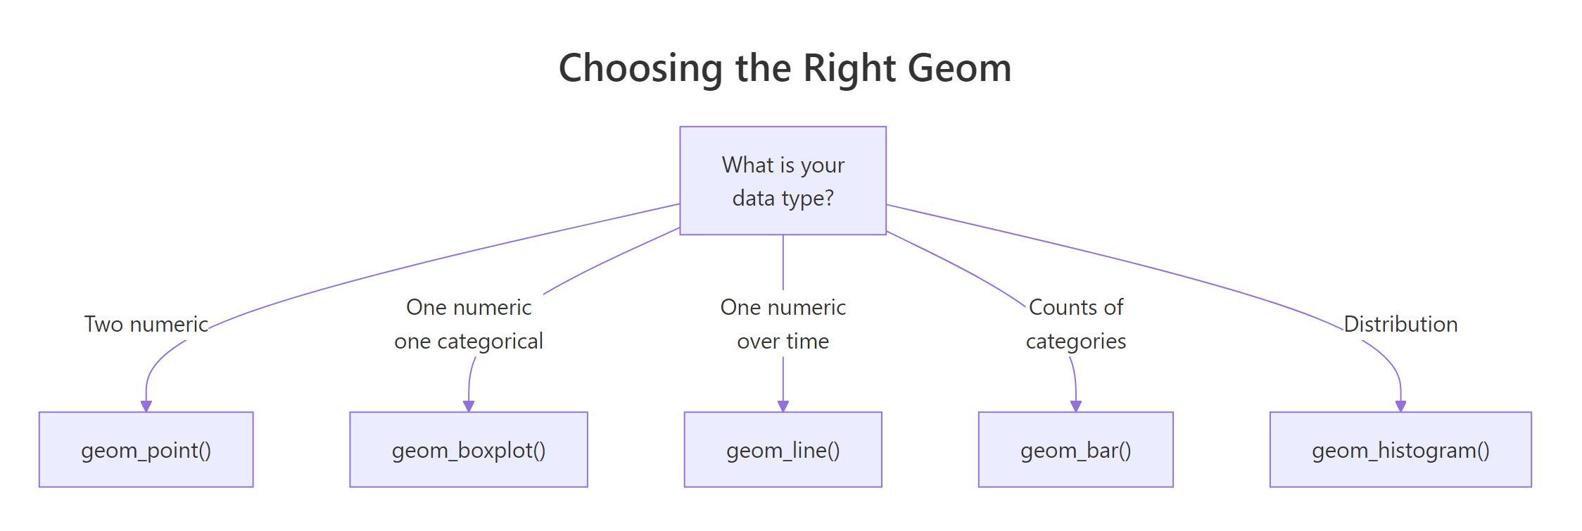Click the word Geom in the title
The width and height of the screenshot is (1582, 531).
(959, 68)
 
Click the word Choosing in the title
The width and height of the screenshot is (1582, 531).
(640, 68)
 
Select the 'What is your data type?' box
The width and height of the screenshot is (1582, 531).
(783, 181)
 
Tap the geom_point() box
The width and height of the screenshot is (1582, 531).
(146, 450)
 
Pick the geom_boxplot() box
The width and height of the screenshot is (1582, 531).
(469, 450)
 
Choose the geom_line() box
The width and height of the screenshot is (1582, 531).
(783, 450)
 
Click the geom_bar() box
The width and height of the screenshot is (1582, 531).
(1075, 450)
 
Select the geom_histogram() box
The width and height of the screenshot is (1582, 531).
(1400, 450)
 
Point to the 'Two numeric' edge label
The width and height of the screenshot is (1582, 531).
(146, 324)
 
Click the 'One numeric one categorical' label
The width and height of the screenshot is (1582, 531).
(469, 324)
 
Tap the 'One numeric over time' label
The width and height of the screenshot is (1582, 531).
(783, 324)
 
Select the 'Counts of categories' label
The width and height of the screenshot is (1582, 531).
(1075, 324)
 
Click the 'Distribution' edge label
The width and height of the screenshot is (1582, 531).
(1400, 324)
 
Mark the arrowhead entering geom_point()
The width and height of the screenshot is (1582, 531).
(146, 406)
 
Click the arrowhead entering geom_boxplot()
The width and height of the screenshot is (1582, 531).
(469, 406)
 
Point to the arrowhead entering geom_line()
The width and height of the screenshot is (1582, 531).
(783, 406)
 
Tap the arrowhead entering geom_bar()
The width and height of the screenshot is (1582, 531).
(1075, 406)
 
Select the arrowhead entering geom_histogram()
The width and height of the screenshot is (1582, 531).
(1400, 406)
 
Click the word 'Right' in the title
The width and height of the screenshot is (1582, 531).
(849, 68)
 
